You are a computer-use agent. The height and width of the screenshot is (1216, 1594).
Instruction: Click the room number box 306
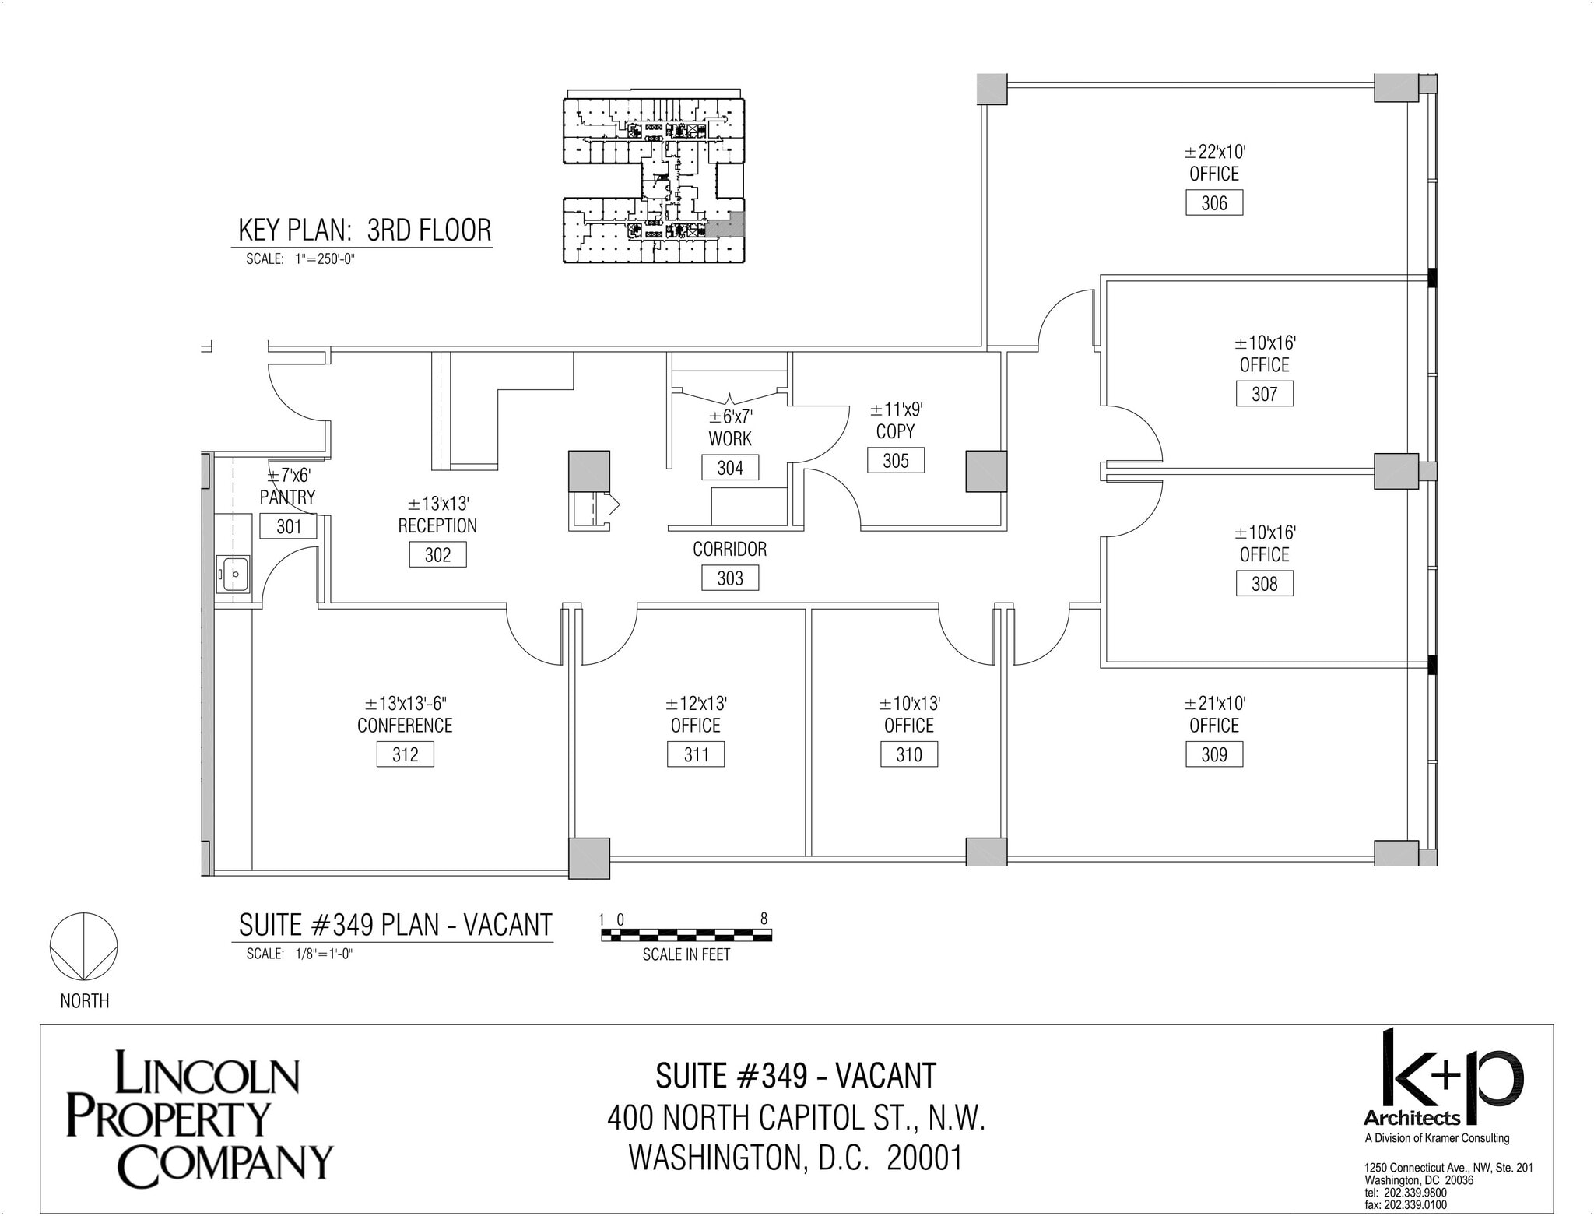(x=1213, y=203)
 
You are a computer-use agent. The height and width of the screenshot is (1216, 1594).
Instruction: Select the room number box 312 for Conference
(x=405, y=754)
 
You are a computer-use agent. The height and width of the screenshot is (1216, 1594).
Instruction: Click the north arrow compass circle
(x=84, y=947)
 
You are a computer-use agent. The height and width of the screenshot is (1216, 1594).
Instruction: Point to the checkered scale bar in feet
(x=686, y=935)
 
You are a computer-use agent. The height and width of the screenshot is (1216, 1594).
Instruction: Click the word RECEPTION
(x=437, y=526)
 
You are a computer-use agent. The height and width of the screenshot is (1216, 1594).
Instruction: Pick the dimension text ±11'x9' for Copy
(x=896, y=409)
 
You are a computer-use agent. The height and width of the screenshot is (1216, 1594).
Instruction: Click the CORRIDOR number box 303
(x=729, y=578)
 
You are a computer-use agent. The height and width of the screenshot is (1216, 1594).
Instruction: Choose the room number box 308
(x=1264, y=584)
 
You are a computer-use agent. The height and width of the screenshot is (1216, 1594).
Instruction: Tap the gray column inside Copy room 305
(x=986, y=471)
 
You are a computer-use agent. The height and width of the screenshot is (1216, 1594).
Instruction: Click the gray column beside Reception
(x=588, y=470)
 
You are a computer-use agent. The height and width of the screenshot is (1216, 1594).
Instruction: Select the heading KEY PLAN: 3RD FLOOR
(x=364, y=230)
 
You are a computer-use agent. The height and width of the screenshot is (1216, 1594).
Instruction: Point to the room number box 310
(x=908, y=754)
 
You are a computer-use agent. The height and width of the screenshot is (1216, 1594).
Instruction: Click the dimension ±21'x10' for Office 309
(x=1214, y=704)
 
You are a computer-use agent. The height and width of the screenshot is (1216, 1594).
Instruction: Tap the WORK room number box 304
(x=729, y=468)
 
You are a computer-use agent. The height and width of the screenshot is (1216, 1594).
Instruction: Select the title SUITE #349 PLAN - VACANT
(x=395, y=925)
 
